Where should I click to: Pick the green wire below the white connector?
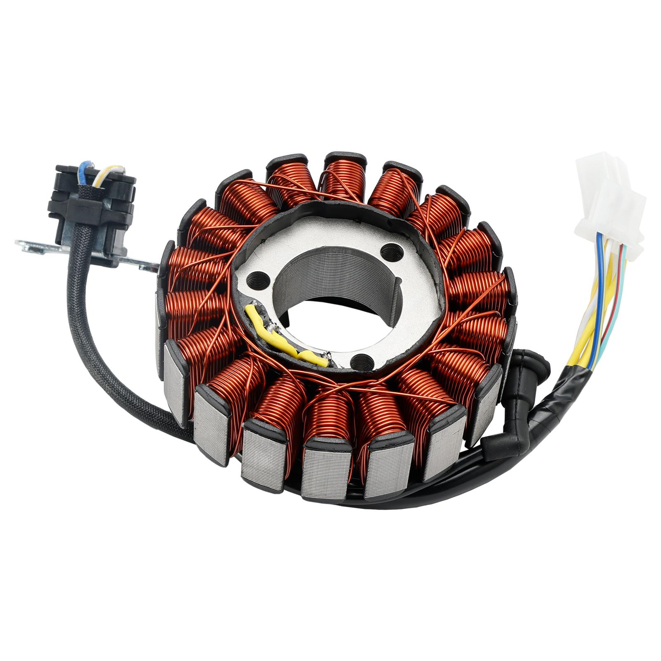624,306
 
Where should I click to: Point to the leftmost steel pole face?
161,337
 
